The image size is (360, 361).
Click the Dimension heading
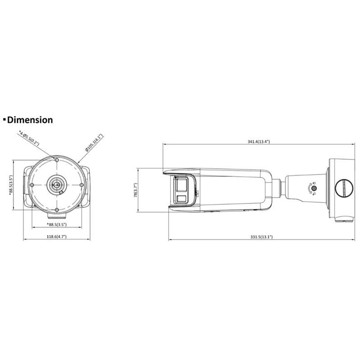point(30,120)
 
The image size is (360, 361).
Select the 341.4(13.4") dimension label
point(258,142)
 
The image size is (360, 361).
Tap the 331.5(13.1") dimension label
point(262,236)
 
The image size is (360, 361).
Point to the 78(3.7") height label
point(136,190)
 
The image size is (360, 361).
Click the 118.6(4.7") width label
point(57,236)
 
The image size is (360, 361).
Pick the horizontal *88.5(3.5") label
point(57,224)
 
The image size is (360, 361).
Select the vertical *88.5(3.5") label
point(11,185)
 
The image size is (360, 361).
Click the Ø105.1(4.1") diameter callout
point(94,143)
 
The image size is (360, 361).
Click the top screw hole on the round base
point(57,160)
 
